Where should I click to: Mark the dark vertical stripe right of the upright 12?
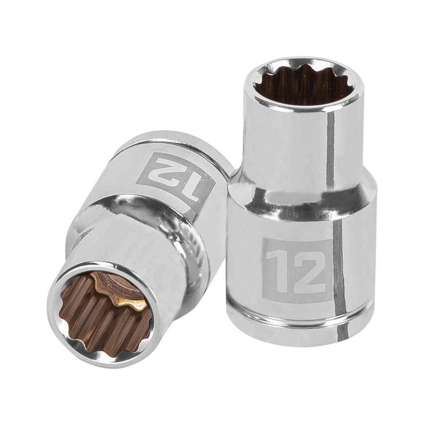[x=340, y=270]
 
